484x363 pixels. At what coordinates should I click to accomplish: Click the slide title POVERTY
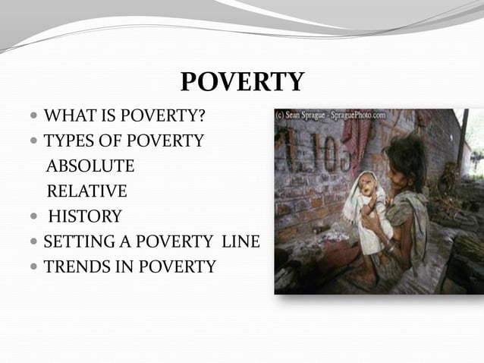(242, 82)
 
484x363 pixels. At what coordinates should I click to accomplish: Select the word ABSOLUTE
(90, 166)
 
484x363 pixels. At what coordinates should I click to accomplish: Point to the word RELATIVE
(86, 191)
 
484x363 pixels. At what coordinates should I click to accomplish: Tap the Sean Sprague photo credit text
(331, 115)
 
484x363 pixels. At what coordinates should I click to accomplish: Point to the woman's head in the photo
(407, 156)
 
